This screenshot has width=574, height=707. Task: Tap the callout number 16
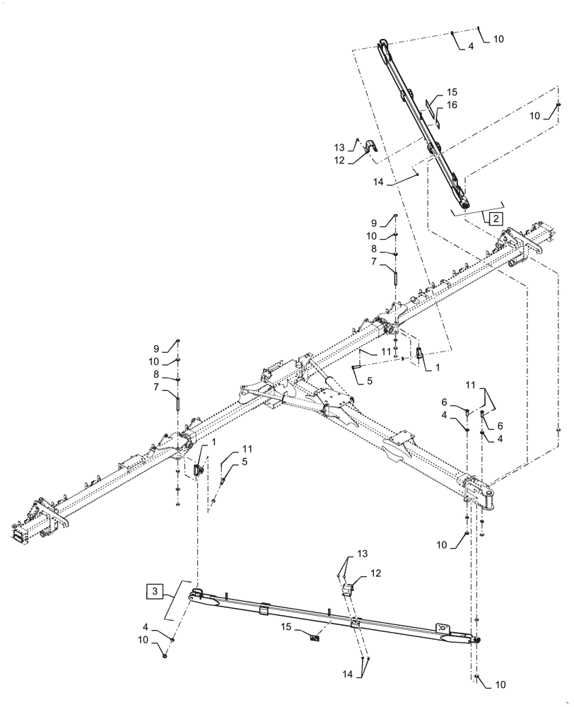click(x=452, y=105)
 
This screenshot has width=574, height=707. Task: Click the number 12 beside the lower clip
click(x=375, y=573)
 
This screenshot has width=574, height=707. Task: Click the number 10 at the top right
click(x=499, y=40)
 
